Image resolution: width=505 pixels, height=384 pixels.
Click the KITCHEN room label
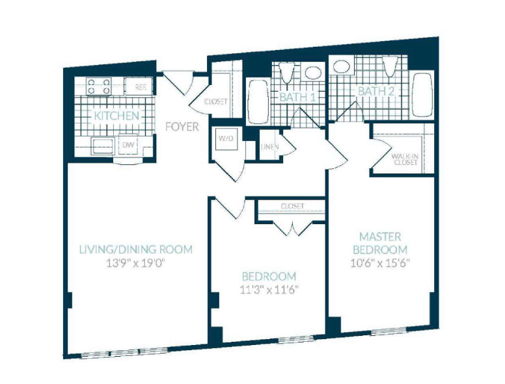click(x=116, y=116)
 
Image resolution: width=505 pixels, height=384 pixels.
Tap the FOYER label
click(x=182, y=127)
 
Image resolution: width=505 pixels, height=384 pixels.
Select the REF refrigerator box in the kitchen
click(x=139, y=86)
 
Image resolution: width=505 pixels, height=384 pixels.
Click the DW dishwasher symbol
click(x=128, y=145)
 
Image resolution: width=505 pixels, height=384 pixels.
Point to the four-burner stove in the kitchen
click(x=98, y=86)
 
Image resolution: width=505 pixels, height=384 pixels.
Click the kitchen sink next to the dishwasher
click(x=102, y=146)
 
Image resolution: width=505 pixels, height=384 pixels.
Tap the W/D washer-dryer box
click(x=226, y=138)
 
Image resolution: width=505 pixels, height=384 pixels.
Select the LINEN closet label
click(x=269, y=147)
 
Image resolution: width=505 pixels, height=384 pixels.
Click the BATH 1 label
click(x=297, y=97)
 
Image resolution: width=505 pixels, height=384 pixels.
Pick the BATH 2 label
click(x=376, y=91)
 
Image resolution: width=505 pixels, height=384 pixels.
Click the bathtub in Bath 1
click(x=258, y=101)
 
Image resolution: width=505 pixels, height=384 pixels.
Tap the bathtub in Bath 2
click(x=422, y=95)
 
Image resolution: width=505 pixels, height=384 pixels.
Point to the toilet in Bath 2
click(x=390, y=66)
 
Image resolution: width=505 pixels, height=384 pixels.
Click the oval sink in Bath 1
click(x=314, y=72)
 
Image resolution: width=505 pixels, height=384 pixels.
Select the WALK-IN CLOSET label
click(x=405, y=159)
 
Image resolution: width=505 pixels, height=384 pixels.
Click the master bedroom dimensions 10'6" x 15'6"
click(x=380, y=263)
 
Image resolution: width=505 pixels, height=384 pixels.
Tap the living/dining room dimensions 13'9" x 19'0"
click(x=135, y=263)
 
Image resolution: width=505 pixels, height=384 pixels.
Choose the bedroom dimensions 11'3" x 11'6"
click(x=269, y=290)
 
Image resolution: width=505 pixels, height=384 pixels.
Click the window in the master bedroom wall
click(x=389, y=331)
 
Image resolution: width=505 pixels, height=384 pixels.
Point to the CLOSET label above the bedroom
click(x=292, y=206)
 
